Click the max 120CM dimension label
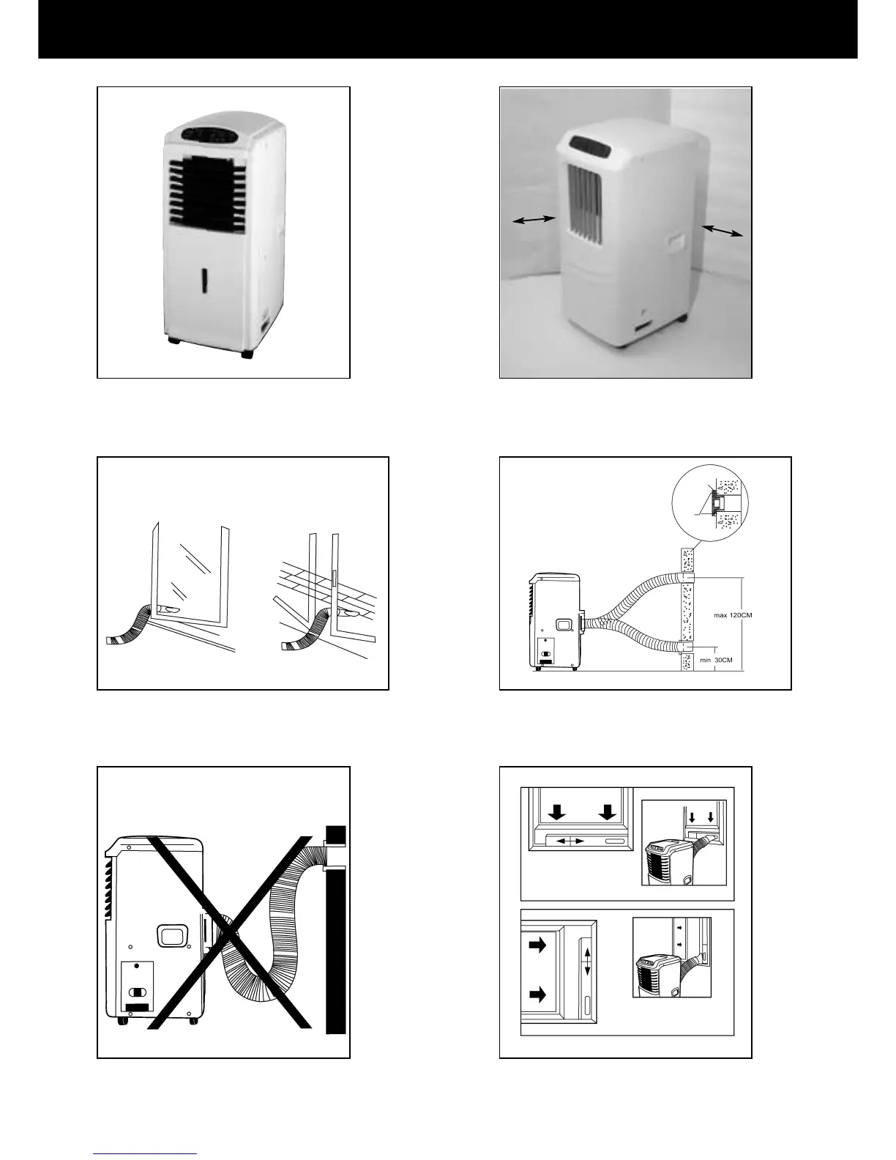pyautogui.click(x=733, y=615)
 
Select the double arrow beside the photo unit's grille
pyautogui.click(x=534, y=220)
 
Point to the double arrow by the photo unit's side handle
pyautogui.click(x=723, y=231)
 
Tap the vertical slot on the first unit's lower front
pyautogui.click(x=205, y=283)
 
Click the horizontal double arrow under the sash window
pyautogui.click(x=570, y=841)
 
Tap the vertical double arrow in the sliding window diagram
pyautogui.click(x=586, y=959)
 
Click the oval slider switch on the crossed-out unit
pyautogui.click(x=138, y=994)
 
